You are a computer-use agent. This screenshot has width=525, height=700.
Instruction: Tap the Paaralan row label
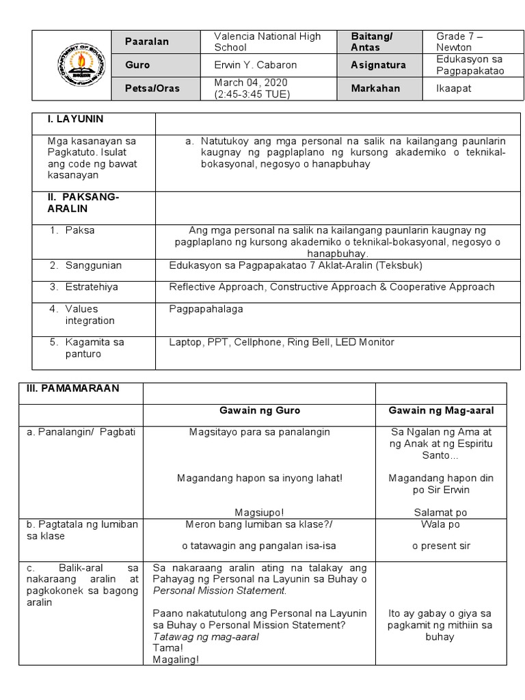coord(146,42)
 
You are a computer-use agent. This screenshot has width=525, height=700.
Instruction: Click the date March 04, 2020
coord(251,82)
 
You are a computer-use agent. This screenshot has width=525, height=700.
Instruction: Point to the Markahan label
coord(376,88)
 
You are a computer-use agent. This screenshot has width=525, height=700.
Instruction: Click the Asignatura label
coord(378,65)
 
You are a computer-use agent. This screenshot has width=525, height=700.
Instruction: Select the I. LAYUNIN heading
coord(75,119)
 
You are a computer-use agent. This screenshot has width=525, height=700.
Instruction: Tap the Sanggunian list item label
coord(92,265)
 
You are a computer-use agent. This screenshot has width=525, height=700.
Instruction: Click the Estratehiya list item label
coord(92,287)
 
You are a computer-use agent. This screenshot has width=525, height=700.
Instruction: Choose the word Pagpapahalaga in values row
coord(206,309)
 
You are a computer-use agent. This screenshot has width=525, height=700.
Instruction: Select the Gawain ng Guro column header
coord(259,411)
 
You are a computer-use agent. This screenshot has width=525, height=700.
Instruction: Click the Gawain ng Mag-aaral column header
coord(441,411)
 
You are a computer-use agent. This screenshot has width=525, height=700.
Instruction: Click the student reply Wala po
coord(441,525)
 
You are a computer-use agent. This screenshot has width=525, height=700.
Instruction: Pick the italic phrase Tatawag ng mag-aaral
coord(206,636)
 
